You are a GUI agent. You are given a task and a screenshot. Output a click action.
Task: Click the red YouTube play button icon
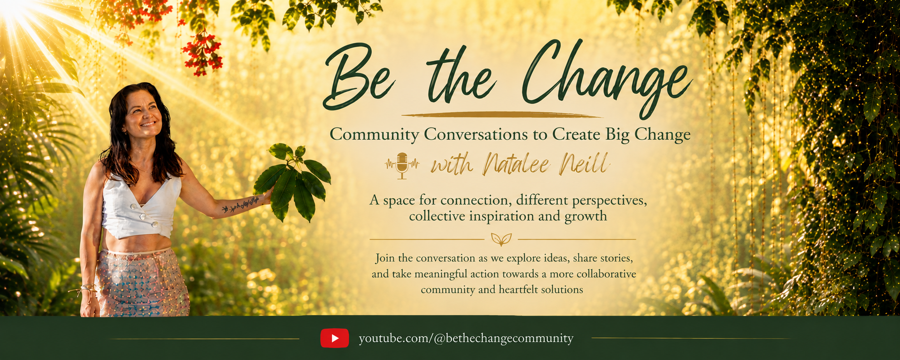pyautogui.click(x=334, y=338)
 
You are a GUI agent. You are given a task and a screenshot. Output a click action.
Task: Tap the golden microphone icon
pyautogui.click(x=402, y=166)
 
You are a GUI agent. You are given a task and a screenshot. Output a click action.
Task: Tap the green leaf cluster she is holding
pyautogui.click(x=293, y=182)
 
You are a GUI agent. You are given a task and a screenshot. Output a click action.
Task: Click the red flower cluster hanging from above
pyautogui.click(x=202, y=52)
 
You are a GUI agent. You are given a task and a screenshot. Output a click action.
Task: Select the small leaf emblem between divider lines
pyautogui.click(x=502, y=239)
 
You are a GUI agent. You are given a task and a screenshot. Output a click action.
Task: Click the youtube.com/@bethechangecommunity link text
pyautogui.click(x=466, y=338)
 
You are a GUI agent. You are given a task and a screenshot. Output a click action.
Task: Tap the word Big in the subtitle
pyautogui.click(x=617, y=135)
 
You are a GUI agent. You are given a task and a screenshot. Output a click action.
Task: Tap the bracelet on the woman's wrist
pyautogui.click(x=86, y=288)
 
